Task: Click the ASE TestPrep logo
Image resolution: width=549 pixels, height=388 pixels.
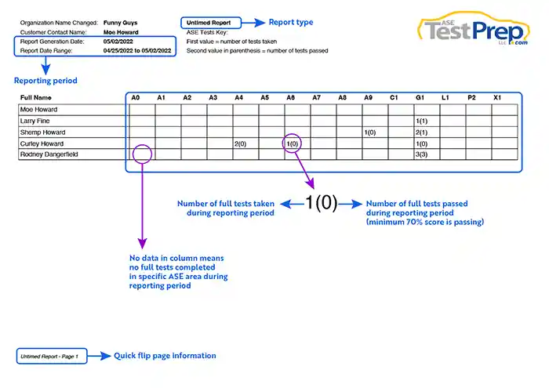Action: pos(474,29)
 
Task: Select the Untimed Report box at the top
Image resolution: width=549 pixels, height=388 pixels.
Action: pos(211,23)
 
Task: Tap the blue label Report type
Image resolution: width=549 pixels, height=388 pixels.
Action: pos(291,22)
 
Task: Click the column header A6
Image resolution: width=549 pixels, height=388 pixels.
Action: pos(290,98)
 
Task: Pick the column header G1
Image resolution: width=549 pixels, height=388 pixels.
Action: pos(420,98)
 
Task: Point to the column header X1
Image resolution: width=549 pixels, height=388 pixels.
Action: pos(497,98)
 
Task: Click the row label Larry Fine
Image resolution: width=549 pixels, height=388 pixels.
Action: pos(35,121)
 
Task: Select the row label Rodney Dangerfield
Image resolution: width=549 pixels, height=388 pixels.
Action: pos(49,154)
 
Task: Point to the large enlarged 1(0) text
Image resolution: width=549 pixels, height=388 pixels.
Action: pos(321,202)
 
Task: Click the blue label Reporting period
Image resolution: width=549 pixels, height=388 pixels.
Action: pos(45,81)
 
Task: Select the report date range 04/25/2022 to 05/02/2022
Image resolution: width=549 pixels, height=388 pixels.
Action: pos(137,51)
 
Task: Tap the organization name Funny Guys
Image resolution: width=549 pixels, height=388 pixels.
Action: pos(120,23)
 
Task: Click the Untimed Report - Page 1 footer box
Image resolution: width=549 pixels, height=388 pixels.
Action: pos(52,356)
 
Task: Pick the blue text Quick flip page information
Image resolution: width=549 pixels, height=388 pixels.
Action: pos(165,356)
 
